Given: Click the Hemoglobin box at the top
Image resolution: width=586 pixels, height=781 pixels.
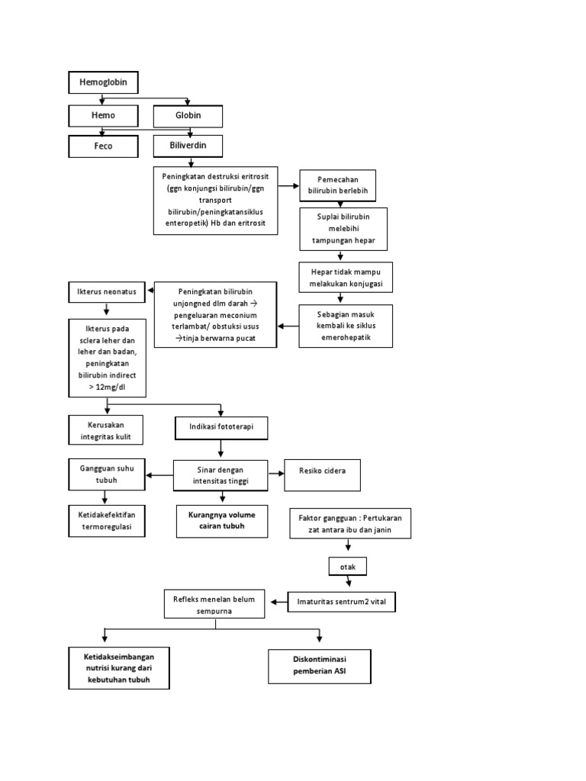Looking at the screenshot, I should [x=104, y=82].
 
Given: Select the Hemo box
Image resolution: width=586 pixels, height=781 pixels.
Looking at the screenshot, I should [x=104, y=115].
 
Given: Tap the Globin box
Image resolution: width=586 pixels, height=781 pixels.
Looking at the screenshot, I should [x=188, y=116].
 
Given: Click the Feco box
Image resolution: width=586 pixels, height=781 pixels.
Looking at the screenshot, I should [x=104, y=146].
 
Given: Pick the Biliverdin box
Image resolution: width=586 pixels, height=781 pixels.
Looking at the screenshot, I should [x=188, y=144].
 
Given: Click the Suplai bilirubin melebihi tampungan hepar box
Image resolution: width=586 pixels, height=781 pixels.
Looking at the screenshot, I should [x=343, y=229].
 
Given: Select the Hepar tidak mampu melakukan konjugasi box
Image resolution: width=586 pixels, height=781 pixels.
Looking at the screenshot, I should [x=346, y=278].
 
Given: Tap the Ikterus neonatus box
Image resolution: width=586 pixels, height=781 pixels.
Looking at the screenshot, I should [x=105, y=291].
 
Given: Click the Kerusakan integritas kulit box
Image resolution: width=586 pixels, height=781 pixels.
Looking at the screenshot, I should [x=106, y=430].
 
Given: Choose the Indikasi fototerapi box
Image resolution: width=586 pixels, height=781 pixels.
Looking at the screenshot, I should [x=221, y=429].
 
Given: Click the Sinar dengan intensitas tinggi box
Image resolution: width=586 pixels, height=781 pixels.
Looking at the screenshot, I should [x=221, y=475].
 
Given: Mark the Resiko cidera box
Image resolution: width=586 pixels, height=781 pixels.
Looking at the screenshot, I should [x=322, y=474].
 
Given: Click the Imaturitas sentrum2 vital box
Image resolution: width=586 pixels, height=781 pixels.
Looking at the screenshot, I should [x=342, y=603].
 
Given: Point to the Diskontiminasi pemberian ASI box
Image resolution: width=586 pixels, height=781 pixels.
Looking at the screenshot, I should [x=320, y=666].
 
